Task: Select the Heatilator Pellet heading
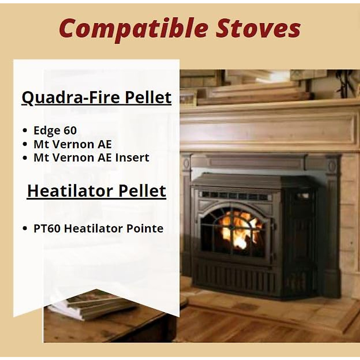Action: (x=97, y=191)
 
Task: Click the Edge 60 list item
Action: (x=55, y=130)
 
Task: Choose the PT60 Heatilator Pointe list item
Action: (x=98, y=229)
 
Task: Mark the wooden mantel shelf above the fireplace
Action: (x=270, y=103)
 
